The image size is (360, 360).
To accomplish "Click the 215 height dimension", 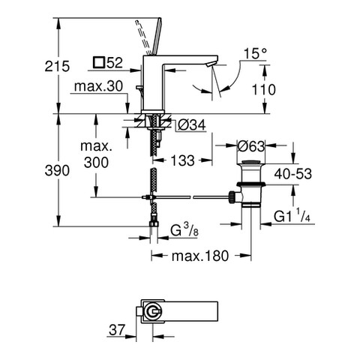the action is click(57, 67).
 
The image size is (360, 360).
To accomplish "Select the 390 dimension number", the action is click(57, 171).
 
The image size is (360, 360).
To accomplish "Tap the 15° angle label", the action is click(256, 54).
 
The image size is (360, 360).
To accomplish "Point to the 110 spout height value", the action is click(263, 90).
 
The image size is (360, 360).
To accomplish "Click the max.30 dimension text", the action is click(98, 86).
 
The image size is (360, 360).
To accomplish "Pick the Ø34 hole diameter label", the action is click(192, 125).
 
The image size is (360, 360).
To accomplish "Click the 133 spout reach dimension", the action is click(182, 160).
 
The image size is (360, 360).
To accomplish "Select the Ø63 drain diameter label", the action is click(250, 146).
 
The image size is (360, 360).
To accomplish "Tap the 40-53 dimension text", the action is click(293, 174).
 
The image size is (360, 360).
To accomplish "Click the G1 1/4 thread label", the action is click(292, 216).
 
